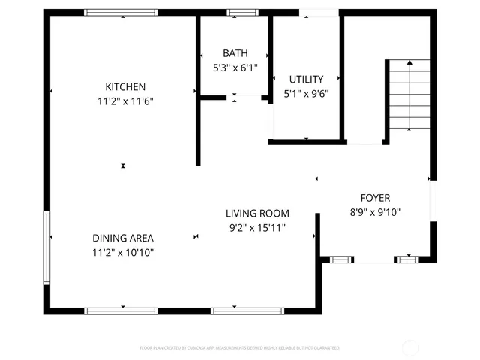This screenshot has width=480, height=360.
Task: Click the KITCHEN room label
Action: (x=125, y=87)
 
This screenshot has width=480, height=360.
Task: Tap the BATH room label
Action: (x=235, y=53)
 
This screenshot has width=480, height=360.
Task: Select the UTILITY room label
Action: (x=307, y=79)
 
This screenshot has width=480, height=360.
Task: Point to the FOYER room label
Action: (x=375, y=198)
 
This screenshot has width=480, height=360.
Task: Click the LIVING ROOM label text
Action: (x=257, y=214)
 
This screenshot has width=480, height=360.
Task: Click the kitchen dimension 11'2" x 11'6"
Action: (x=125, y=100)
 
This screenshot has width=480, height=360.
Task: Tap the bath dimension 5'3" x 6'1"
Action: (x=235, y=67)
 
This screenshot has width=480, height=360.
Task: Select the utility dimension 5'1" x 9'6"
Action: (x=307, y=94)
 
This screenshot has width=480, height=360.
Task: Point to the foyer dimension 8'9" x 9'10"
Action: (x=375, y=212)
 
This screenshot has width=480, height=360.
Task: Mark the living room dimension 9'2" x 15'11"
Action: (x=257, y=227)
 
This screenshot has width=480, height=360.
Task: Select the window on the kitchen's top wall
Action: (x=121, y=12)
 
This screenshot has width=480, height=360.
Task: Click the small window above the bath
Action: (x=240, y=12)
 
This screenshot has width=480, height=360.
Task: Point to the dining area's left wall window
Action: (x=46, y=247)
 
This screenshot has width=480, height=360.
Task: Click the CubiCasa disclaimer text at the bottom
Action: (x=240, y=348)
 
